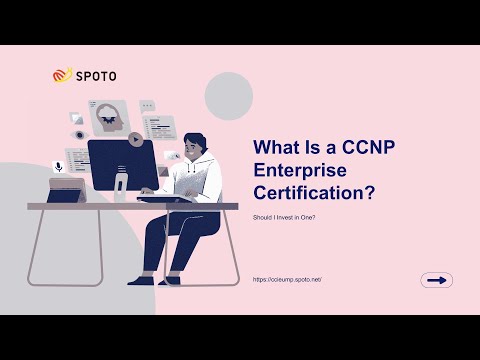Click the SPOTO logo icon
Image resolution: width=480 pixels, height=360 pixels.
coord(63,74)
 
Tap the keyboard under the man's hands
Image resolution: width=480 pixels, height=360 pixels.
coord(165,198)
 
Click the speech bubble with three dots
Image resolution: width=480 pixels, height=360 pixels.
coord(148,104)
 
